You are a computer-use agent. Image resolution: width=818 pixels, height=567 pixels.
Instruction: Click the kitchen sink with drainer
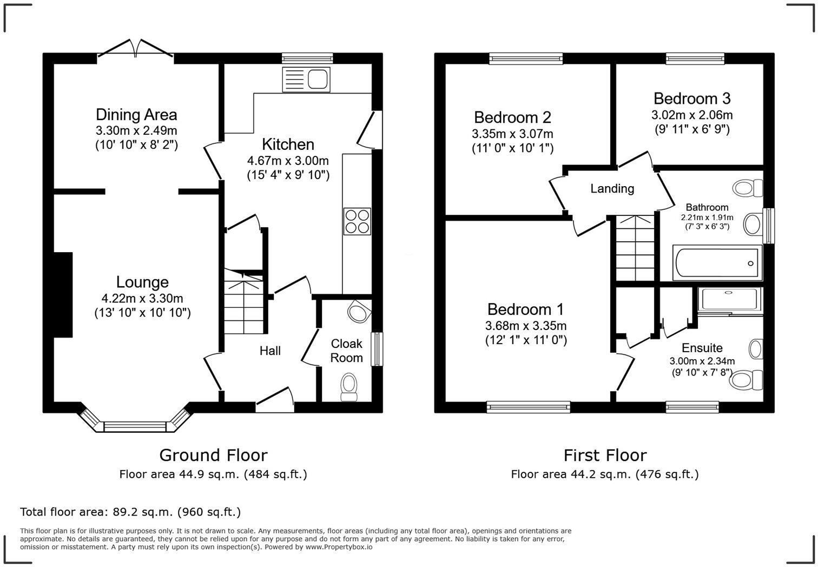[306, 79]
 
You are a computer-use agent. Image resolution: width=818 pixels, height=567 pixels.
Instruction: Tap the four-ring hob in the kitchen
[357, 221]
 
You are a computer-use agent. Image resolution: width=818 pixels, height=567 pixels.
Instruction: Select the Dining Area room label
[136, 115]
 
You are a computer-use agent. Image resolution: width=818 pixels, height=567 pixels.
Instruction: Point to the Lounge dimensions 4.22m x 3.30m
[142, 298]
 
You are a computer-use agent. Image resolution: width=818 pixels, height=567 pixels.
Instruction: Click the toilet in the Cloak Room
[349, 387]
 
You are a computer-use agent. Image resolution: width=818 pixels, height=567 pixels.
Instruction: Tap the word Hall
[271, 351]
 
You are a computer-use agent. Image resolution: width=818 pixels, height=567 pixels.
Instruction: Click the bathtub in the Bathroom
[717, 263]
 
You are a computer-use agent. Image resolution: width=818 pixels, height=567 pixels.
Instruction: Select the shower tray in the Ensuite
[730, 300]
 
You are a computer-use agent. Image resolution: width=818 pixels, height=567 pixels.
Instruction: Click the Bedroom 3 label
[692, 98]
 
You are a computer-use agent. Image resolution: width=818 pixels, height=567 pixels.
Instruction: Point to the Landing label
[612, 188]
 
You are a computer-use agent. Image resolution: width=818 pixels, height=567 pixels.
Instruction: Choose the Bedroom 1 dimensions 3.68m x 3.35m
[526, 326]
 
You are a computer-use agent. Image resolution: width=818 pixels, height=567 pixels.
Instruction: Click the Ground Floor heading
[213, 456]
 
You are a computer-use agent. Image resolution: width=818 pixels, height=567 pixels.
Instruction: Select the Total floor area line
[130, 512]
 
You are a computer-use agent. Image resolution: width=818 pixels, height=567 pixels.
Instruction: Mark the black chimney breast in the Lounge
[63, 295]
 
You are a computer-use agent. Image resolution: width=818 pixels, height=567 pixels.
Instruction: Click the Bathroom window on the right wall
[768, 226]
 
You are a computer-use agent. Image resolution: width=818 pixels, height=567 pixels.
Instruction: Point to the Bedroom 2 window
[526, 58]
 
